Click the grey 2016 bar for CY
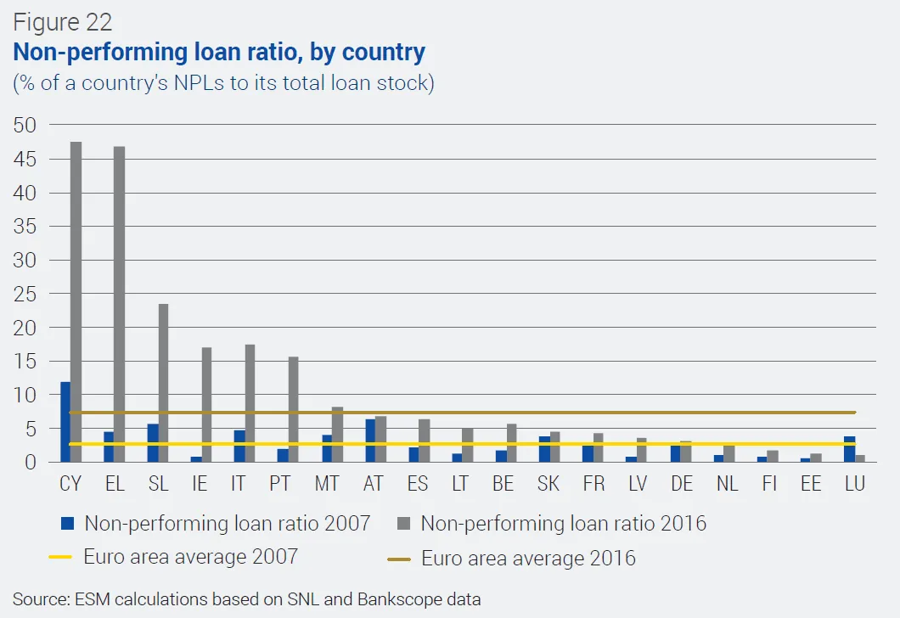pos(76,302)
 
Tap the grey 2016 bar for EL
pos(119,305)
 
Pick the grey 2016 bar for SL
pos(163,383)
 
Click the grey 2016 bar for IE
pos(206,405)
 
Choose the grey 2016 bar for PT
pos(294,409)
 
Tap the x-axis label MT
pos(327,484)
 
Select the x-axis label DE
pos(681,484)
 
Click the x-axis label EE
pos(811,484)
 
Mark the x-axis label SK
pos(548,484)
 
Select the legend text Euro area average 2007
pos(190,558)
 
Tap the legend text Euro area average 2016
pos(528,559)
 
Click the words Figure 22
pos(62,21)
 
